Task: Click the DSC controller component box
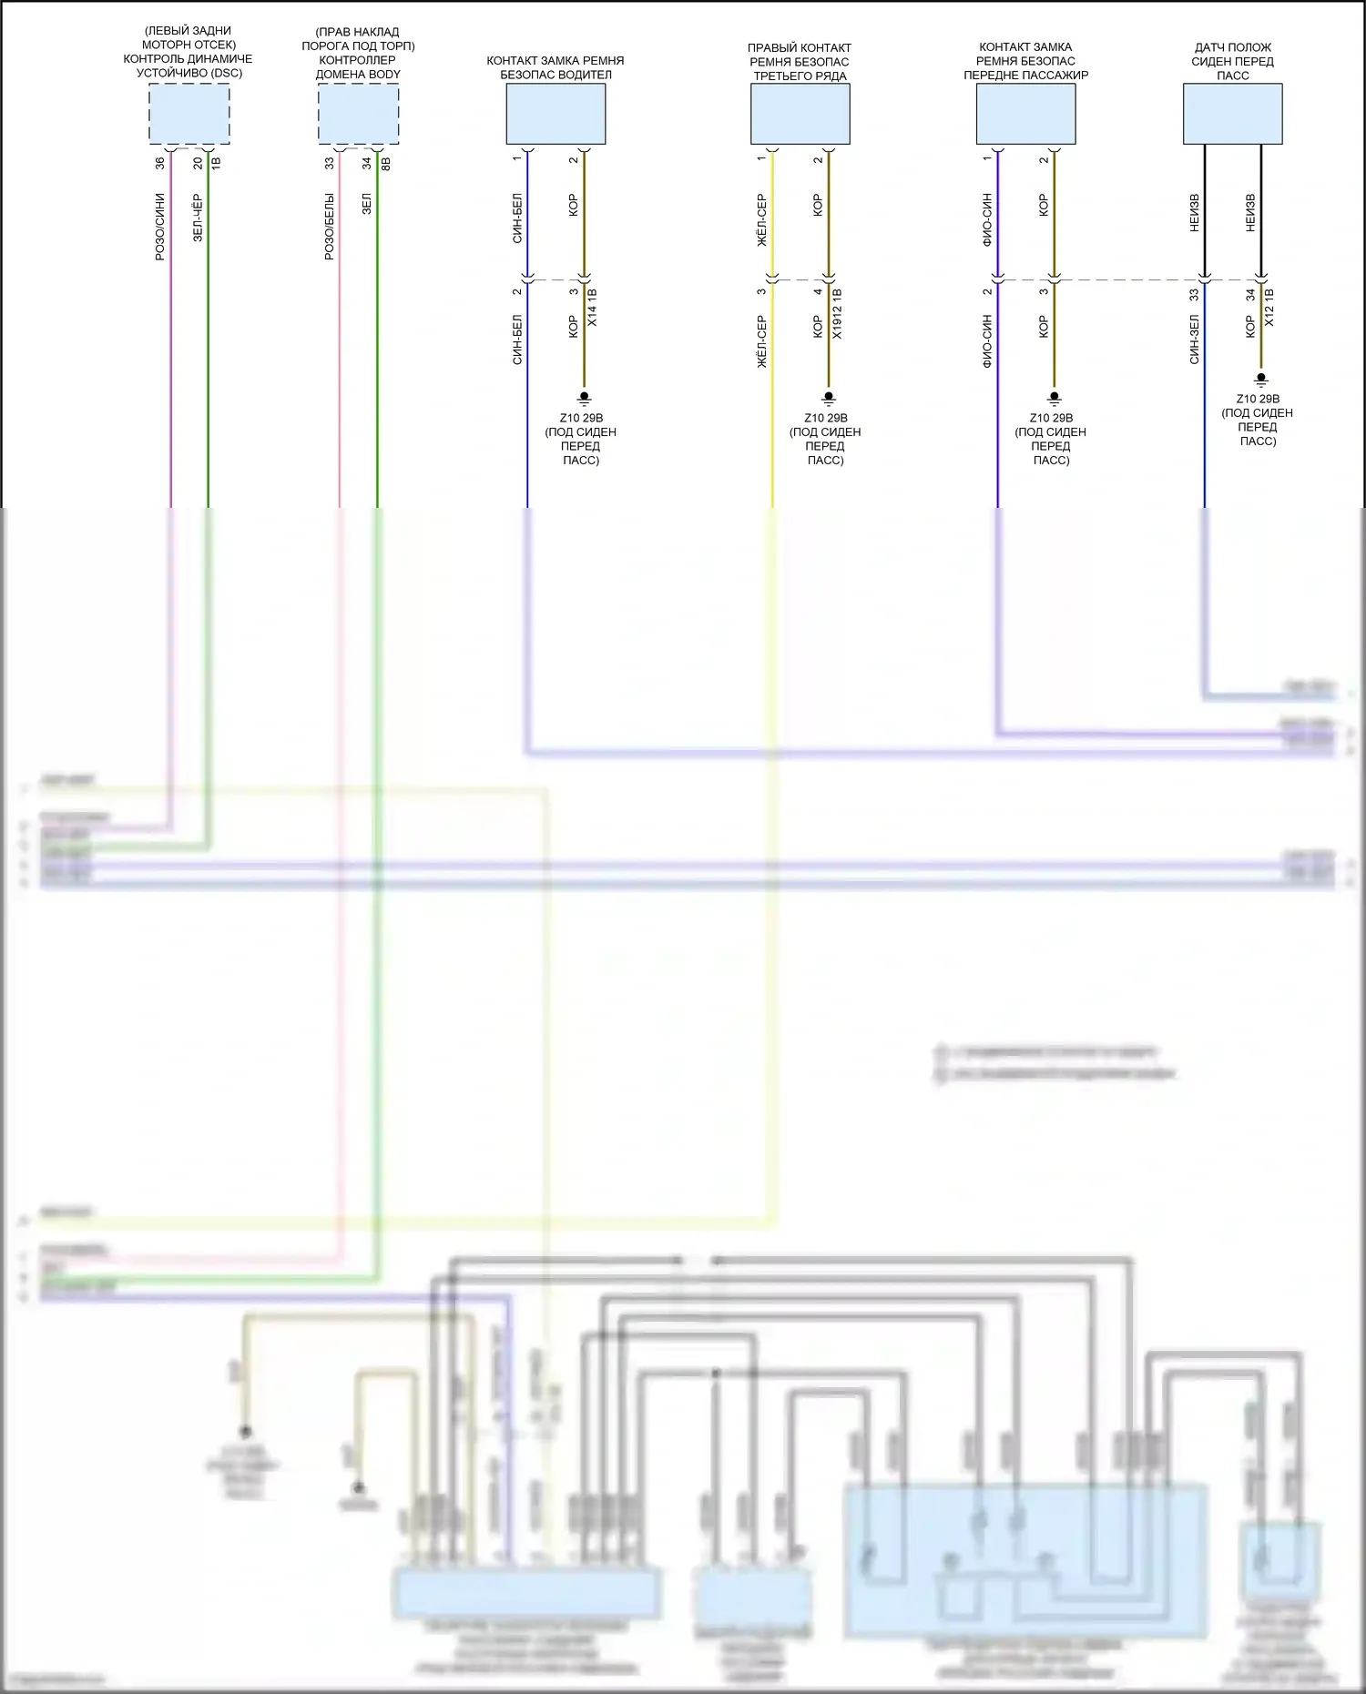coord(189,114)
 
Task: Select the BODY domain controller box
coord(358,114)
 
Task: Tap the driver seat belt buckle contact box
coord(556,114)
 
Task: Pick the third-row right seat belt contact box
coord(800,114)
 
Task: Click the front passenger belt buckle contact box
coord(1025,114)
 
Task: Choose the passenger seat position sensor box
coord(1232,114)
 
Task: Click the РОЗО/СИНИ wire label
coord(160,227)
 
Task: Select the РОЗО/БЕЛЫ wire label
coord(330,227)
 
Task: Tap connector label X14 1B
coord(592,309)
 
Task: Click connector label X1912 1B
coord(836,314)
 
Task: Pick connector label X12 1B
coord(1269,309)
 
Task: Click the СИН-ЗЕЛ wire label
coord(1194,339)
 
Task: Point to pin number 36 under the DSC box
coord(160,163)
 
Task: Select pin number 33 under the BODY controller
coord(330,163)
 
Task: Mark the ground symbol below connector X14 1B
coord(585,398)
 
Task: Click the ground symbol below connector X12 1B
coord(1261,378)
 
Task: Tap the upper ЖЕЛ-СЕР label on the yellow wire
coord(761,219)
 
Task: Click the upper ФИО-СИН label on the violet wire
coord(987,219)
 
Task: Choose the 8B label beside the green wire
coord(385,164)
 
